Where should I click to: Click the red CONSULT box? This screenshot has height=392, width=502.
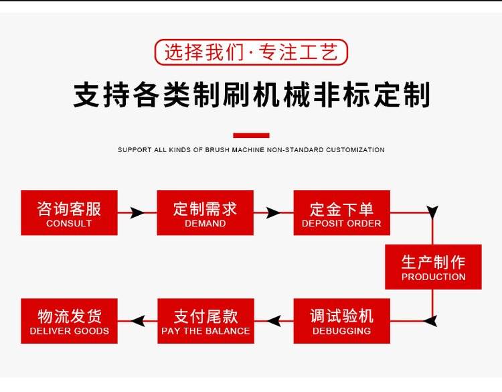point(69,213)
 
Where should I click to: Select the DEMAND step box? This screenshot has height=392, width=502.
point(205,213)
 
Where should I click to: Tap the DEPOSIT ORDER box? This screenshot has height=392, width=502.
point(341,213)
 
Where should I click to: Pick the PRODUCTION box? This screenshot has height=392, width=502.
point(433,267)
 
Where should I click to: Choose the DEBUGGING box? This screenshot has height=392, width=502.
point(341,321)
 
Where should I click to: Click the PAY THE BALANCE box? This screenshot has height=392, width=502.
point(205,321)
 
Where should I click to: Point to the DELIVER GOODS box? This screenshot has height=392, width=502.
point(69,321)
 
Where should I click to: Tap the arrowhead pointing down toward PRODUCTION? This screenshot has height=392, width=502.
point(432,214)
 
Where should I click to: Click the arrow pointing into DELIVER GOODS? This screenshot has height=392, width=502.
point(137,321)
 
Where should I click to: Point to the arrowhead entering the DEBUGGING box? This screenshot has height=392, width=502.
point(430,321)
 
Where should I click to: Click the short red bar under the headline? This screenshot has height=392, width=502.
point(251,135)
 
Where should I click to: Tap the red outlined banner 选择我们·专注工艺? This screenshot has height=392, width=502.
point(251,52)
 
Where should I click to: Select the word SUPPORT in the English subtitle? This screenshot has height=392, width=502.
point(135,150)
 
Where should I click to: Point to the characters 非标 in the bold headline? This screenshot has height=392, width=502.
point(340,95)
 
